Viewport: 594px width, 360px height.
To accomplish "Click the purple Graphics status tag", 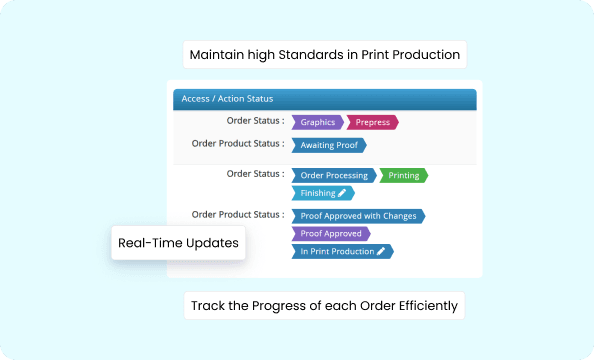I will [317, 122].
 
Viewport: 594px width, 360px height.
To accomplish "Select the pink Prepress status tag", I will [373, 122].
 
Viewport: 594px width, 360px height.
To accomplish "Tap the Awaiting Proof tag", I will [329, 145].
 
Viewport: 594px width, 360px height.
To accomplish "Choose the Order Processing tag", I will [334, 175].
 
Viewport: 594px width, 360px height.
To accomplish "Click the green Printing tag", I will [403, 175].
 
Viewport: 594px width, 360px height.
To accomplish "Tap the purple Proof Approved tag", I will [330, 233].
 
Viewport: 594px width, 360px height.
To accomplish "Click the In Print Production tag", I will [337, 251].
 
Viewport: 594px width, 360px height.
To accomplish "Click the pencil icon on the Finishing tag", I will [342, 193].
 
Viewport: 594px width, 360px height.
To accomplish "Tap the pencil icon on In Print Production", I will [381, 251].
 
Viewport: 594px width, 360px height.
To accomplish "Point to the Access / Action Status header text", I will [228, 99].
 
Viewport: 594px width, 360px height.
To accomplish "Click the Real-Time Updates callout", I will [179, 243].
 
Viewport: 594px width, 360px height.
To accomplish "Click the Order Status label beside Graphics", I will [255, 121].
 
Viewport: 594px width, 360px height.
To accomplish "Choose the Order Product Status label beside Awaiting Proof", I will [237, 144].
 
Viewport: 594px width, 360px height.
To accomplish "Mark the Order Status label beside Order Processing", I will [255, 174].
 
